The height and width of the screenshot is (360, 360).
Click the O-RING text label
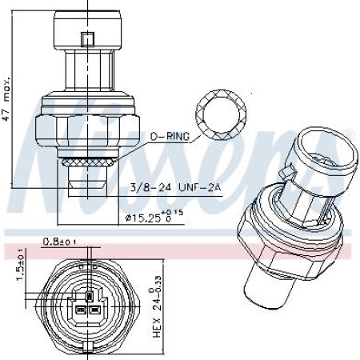pos(169,137)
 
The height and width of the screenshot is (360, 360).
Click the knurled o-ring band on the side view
pos(86,162)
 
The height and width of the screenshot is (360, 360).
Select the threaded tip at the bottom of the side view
pos(86,187)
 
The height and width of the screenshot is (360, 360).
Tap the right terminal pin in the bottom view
pos(94,310)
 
